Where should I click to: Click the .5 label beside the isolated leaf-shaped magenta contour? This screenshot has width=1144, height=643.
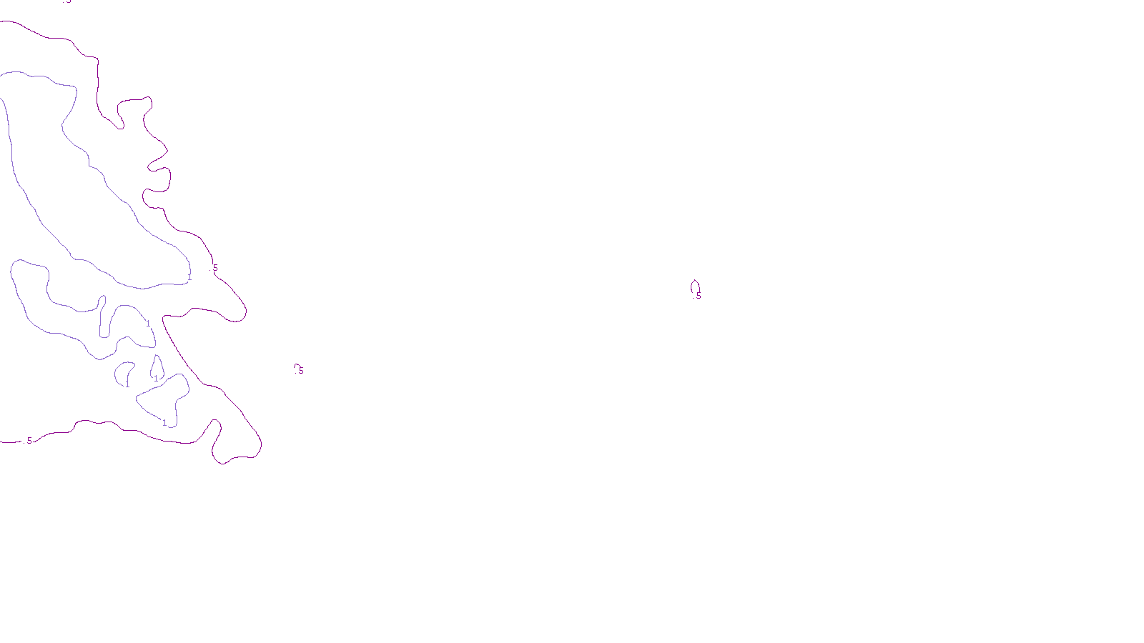(x=699, y=295)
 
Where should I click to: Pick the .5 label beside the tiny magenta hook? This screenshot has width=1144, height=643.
(x=301, y=371)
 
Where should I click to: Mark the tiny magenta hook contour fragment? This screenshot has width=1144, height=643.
(x=296, y=366)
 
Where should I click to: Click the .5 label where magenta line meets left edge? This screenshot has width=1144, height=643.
(x=29, y=441)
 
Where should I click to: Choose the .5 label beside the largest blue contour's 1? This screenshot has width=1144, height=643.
(x=215, y=268)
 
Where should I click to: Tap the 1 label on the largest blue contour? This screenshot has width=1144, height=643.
(x=189, y=276)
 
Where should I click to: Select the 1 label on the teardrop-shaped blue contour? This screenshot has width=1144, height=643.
(x=156, y=378)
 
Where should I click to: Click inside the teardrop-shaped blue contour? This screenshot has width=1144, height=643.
(x=156, y=369)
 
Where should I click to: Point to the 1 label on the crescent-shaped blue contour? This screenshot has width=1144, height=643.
(x=127, y=384)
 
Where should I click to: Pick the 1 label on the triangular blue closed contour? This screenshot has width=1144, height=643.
(x=164, y=423)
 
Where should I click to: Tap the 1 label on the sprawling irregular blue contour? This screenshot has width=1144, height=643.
(x=148, y=324)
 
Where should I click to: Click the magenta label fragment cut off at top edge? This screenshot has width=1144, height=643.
(x=67, y=1)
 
